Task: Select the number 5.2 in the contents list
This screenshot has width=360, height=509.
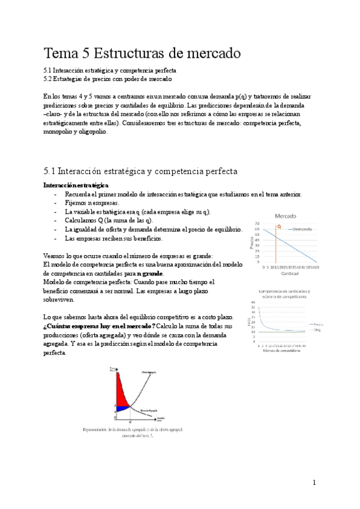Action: coord(49,79)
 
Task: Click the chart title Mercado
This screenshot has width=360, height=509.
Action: coord(286,216)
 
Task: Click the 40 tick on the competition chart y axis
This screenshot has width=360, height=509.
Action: coord(254,301)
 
